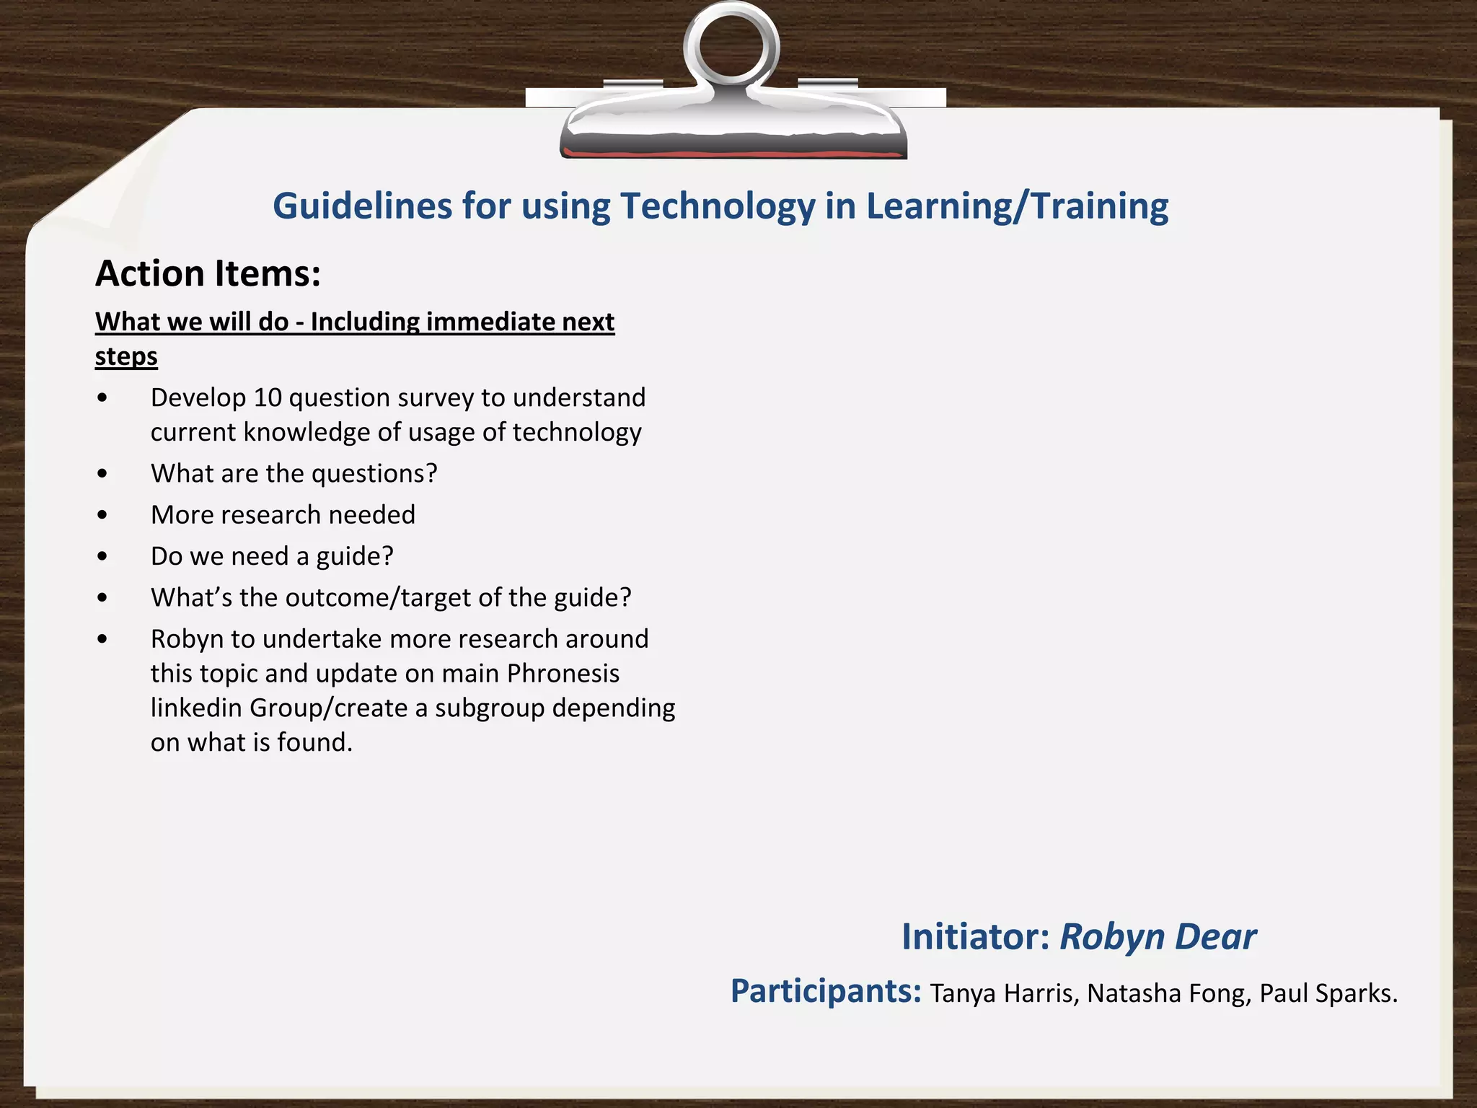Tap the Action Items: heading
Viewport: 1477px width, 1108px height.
coord(208,274)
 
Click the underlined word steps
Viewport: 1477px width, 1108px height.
coord(126,356)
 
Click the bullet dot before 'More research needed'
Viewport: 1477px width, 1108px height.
coord(102,515)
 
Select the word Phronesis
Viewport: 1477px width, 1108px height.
coord(563,673)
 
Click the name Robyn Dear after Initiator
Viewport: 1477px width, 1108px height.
coord(1158,937)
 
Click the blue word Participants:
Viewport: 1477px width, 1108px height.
coord(826,991)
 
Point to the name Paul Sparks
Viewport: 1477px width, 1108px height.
coord(1328,994)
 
